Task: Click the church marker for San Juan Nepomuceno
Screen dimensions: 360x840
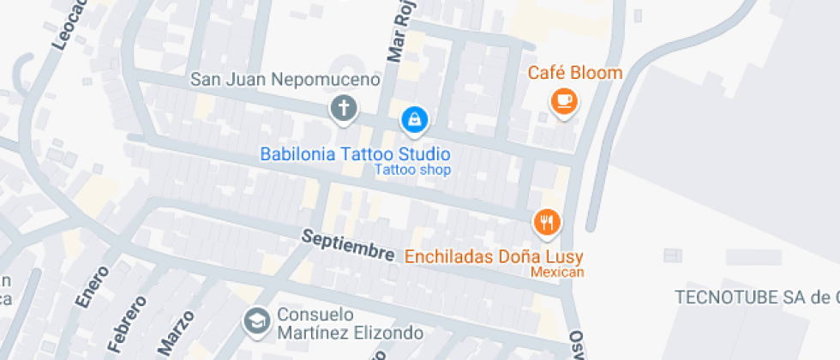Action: [344, 109]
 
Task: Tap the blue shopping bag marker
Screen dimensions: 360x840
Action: [414, 119]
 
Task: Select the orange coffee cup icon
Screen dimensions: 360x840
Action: [563, 101]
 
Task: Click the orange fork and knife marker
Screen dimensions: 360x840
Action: [546, 223]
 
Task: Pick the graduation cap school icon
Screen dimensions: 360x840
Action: [255, 321]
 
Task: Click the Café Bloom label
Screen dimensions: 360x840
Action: [574, 73]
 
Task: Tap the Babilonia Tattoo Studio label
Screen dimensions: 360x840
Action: [355, 154]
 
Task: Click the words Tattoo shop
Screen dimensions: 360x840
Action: [412, 170]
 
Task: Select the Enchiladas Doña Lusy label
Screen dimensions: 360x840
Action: [494, 256]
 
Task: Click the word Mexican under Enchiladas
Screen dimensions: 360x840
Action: [557, 272]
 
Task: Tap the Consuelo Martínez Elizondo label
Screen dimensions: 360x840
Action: [350, 322]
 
